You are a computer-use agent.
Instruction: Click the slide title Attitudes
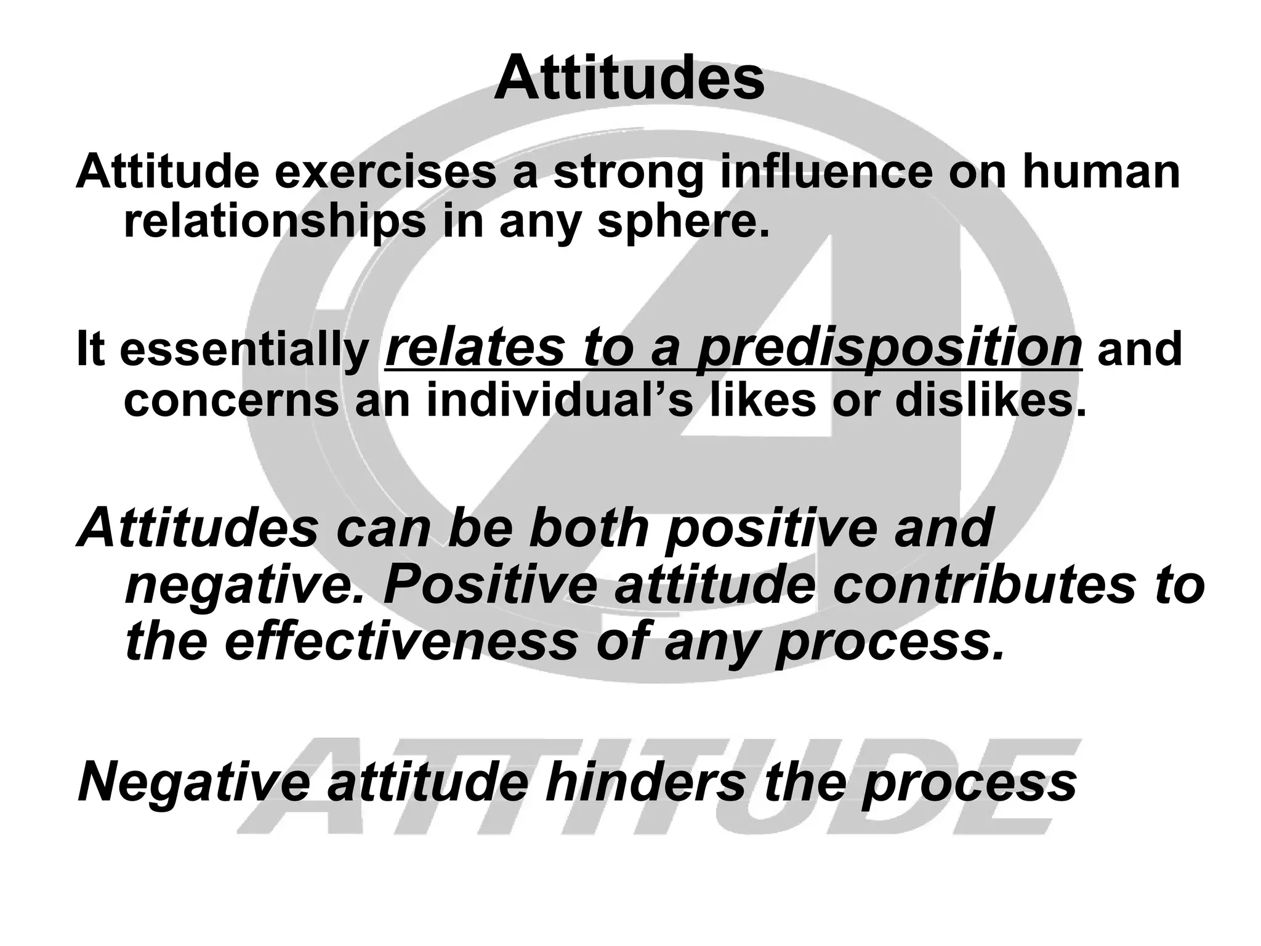(x=629, y=79)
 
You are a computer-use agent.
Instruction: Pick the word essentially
(x=244, y=350)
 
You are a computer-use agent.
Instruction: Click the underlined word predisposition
(x=889, y=349)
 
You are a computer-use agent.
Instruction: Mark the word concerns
(x=232, y=400)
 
